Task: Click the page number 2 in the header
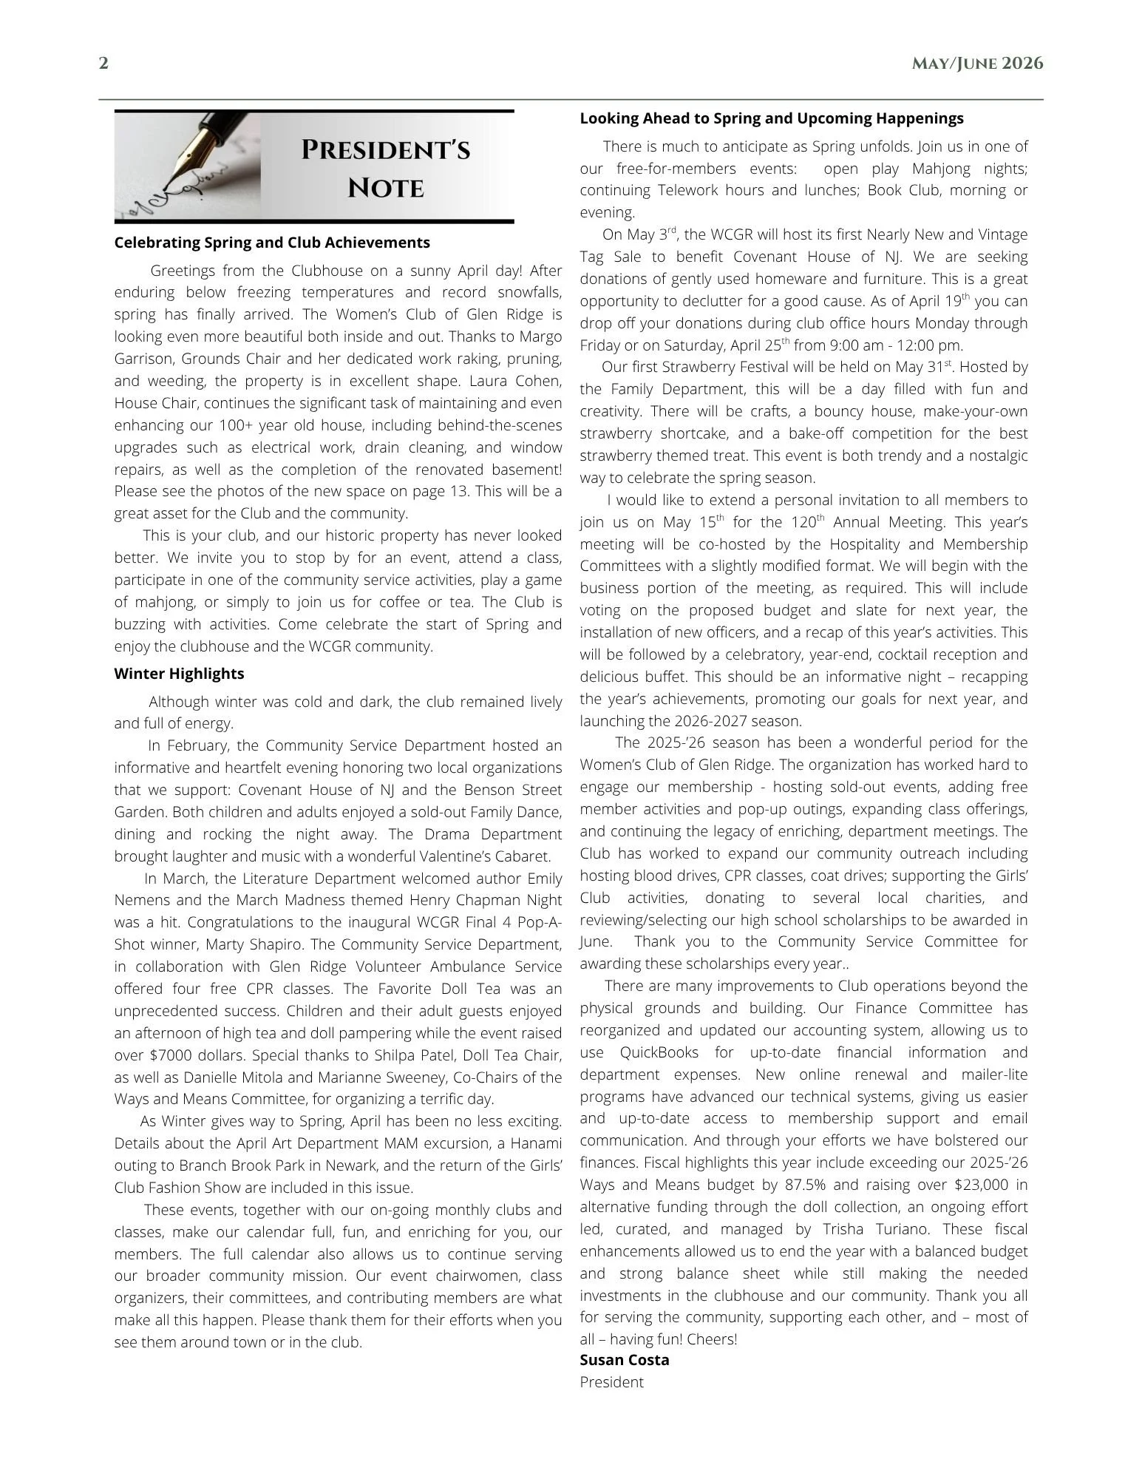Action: click(103, 64)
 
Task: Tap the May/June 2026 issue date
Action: click(977, 64)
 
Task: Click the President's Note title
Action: click(386, 169)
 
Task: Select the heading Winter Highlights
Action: click(179, 674)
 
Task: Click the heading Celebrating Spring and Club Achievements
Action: click(272, 243)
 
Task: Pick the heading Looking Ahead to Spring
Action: click(772, 118)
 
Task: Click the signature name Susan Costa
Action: click(625, 1360)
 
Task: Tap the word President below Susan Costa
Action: click(611, 1382)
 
